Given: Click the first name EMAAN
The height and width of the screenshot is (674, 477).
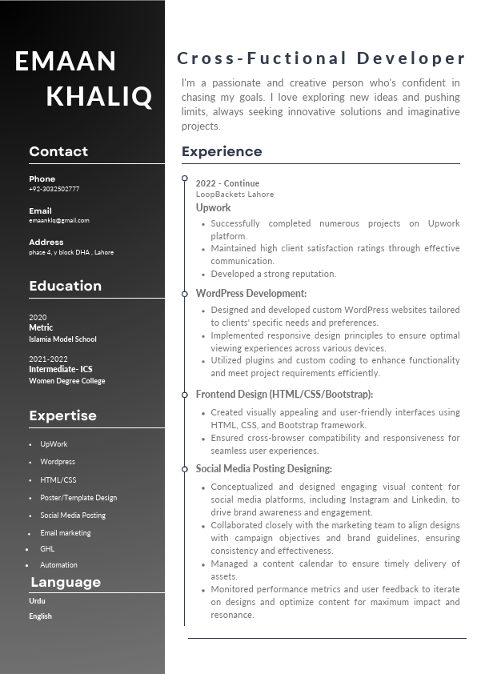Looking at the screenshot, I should click(x=66, y=61).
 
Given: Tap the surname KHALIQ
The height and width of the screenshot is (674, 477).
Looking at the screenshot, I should click(x=99, y=96).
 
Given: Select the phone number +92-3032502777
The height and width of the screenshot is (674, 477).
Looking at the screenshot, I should click(x=54, y=190).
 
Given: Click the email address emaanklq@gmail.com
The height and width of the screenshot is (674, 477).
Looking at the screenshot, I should click(x=59, y=220).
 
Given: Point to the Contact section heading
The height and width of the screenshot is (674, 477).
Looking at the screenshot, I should click(x=58, y=151).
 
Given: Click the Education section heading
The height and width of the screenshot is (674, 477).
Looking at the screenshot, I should click(x=65, y=286).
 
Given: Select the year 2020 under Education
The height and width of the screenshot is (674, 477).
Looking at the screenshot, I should click(x=38, y=318).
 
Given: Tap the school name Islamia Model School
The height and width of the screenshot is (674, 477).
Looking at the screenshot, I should click(x=62, y=339).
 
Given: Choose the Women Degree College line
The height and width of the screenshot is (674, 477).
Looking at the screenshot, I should click(x=67, y=381).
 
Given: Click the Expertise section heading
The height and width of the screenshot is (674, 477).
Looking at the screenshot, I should click(x=62, y=415).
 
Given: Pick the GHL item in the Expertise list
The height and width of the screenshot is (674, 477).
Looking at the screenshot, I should click(x=47, y=549).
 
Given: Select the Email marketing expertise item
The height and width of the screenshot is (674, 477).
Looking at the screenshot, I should click(x=66, y=533).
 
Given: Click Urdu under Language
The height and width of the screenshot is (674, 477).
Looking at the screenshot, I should click(x=37, y=600).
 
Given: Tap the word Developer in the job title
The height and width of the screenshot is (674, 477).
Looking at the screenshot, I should click(x=411, y=58).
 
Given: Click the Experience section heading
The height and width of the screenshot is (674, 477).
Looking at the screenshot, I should click(x=222, y=151).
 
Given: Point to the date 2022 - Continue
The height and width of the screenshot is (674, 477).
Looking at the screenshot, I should click(x=227, y=183).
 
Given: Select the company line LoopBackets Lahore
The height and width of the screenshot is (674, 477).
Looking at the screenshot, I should click(x=234, y=195).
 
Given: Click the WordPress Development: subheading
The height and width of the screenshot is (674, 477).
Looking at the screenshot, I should click(x=251, y=294).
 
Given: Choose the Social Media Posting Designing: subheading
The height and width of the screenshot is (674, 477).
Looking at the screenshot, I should click(x=263, y=469).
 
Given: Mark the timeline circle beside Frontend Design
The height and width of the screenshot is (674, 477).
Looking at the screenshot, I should click(x=185, y=394).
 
